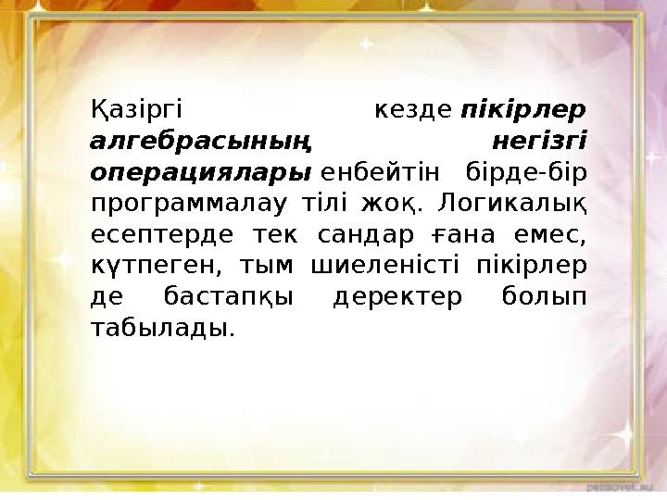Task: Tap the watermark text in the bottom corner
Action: (624, 484)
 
